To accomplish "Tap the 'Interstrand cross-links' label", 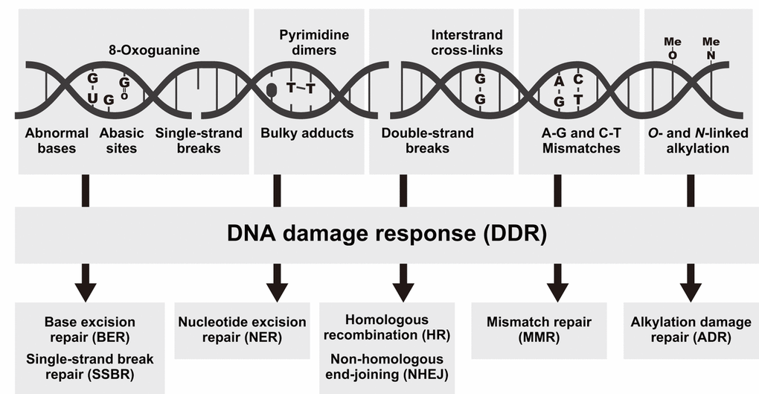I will (x=467, y=42).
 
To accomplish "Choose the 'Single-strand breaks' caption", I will (x=199, y=141).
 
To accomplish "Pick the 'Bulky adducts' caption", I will (x=307, y=134).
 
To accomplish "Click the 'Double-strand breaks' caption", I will (x=417, y=141).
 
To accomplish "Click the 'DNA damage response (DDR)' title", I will (x=387, y=234).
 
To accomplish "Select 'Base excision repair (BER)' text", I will (x=90, y=329).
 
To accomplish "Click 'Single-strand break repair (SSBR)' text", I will (x=90, y=366).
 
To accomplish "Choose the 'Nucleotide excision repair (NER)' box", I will (x=242, y=329).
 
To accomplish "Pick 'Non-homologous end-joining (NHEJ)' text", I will (x=387, y=366).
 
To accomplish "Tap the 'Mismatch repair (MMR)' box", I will (x=539, y=329).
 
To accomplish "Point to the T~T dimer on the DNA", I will (x=301, y=89).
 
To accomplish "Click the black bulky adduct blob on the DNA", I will (x=272, y=89).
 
